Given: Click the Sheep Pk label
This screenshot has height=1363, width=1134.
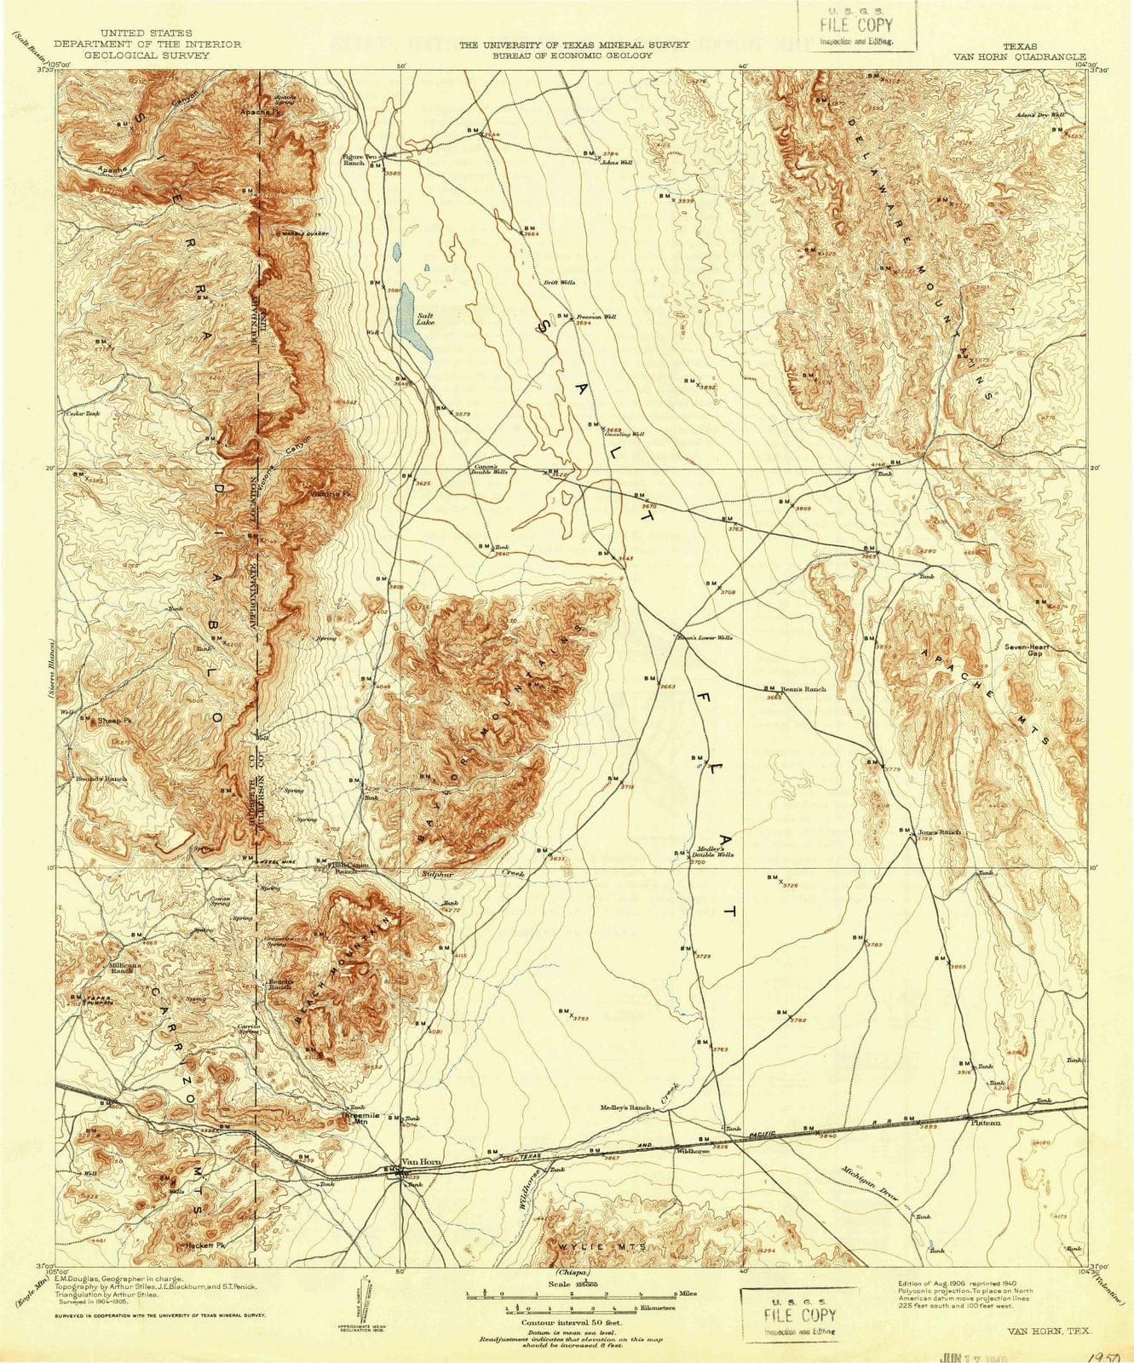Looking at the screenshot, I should [x=117, y=721].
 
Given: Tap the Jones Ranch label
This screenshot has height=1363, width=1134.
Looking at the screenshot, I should [x=939, y=832].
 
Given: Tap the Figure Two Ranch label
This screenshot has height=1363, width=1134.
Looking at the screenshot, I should [x=353, y=159].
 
